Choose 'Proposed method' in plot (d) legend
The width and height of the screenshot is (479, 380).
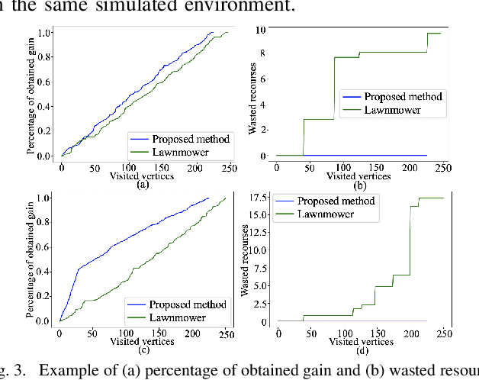tap(336, 201)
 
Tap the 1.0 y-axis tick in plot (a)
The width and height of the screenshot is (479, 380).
tap(45, 33)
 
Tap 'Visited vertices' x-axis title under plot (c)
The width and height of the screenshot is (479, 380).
tap(143, 341)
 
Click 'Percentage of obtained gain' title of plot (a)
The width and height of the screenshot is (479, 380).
tap(31, 95)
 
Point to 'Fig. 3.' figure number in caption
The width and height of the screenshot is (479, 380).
tap(13, 372)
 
